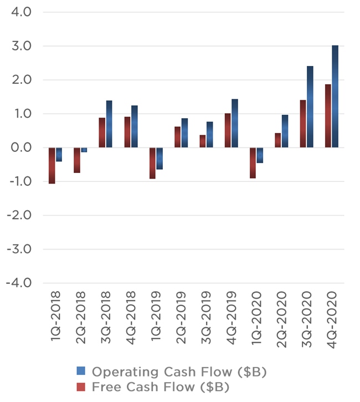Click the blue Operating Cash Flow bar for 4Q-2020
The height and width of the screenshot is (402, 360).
[335, 96]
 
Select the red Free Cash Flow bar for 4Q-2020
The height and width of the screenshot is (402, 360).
[328, 116]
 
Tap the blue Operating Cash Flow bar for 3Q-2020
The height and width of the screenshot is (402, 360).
[310, 107]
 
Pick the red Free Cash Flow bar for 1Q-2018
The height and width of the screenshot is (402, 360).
[52, 165]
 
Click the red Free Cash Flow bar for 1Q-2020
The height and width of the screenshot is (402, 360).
[253, 162]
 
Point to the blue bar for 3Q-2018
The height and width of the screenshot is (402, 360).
[109, 124]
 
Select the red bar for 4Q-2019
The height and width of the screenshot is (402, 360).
[228, 130]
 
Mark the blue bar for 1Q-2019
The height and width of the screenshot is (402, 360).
[160, 158]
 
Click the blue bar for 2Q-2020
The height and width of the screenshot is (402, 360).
[285, 131]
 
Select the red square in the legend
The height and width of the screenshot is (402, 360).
[81, 386]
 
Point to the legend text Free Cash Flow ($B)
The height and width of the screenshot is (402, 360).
[161, 386]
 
